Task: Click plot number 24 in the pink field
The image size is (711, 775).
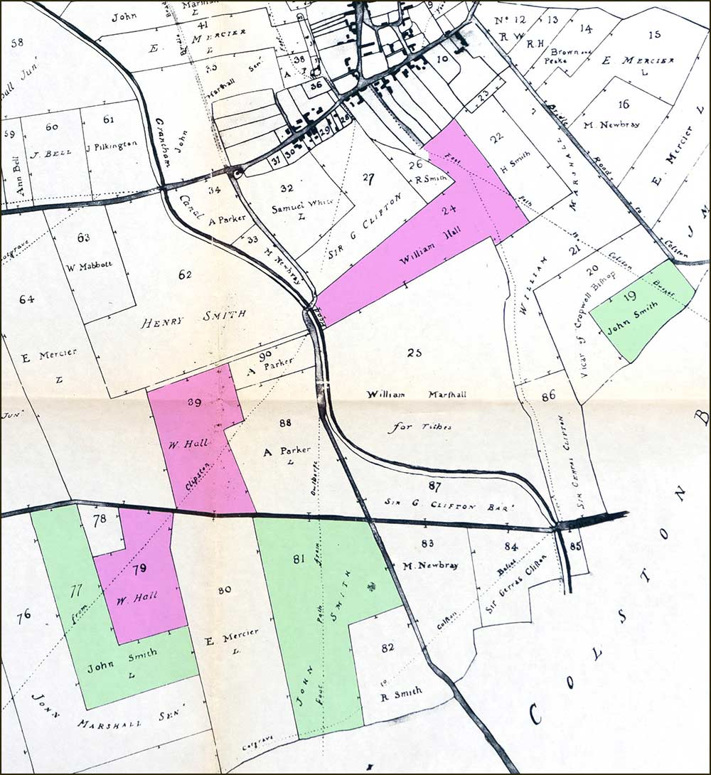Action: pos(448,210)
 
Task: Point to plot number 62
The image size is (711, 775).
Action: pos(186,274)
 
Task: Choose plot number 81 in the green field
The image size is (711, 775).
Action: pos(298,559)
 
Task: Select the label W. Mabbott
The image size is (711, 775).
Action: pos(80,268)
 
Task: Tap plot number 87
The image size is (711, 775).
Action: pos(435,486)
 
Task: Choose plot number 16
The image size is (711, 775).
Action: pos(624,104)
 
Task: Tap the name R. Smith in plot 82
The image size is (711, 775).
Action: pos(401,691)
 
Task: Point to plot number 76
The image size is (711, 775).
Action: pos(23,615)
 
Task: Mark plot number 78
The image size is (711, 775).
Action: pos(100,519)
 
